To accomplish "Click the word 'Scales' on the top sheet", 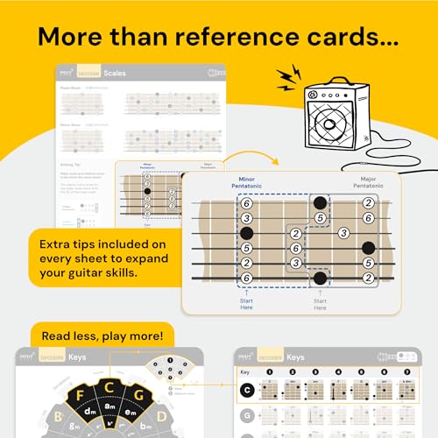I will [x=115, y=74].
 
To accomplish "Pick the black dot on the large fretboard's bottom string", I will [x=321, y=279].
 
